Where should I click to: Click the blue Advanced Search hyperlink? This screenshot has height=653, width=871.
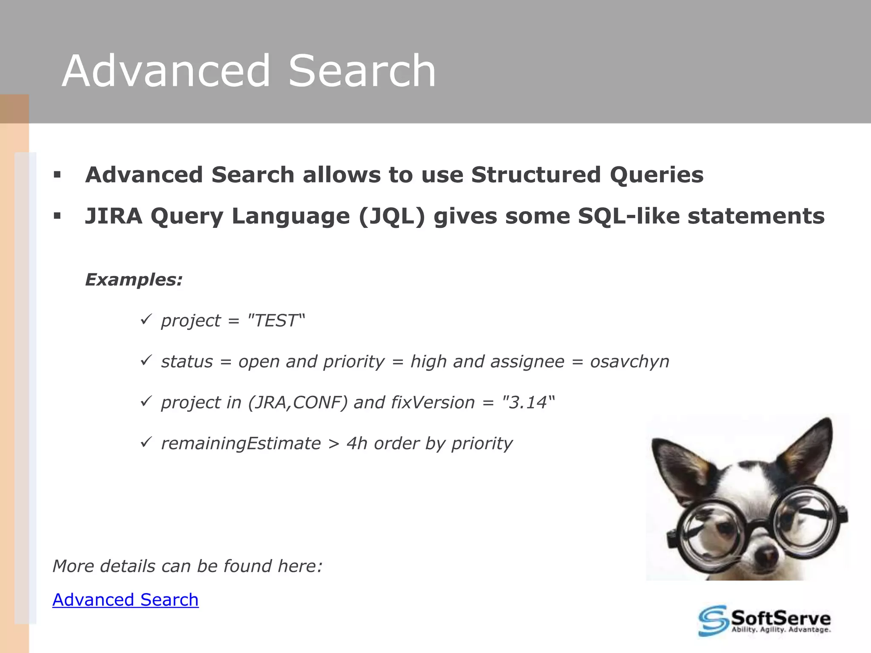pos(125,600)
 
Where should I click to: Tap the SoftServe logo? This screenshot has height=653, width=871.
pos(764,621)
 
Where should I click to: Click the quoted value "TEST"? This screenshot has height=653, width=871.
pos(276,321)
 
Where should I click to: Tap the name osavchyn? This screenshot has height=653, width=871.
pos(629,362)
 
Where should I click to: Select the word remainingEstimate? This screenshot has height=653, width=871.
pos(241,443)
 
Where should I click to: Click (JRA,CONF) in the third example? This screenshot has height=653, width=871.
pos(298,403)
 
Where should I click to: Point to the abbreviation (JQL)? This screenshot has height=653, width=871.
pos(392,216)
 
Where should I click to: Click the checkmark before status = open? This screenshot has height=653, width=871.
pos(146,361)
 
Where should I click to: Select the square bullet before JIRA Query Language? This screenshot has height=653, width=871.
pos(57,216)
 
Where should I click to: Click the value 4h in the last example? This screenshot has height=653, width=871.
pos(357,443)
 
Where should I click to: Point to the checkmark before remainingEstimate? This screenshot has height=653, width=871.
pos(146,443)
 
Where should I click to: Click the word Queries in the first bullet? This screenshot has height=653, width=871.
pos(657,175)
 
